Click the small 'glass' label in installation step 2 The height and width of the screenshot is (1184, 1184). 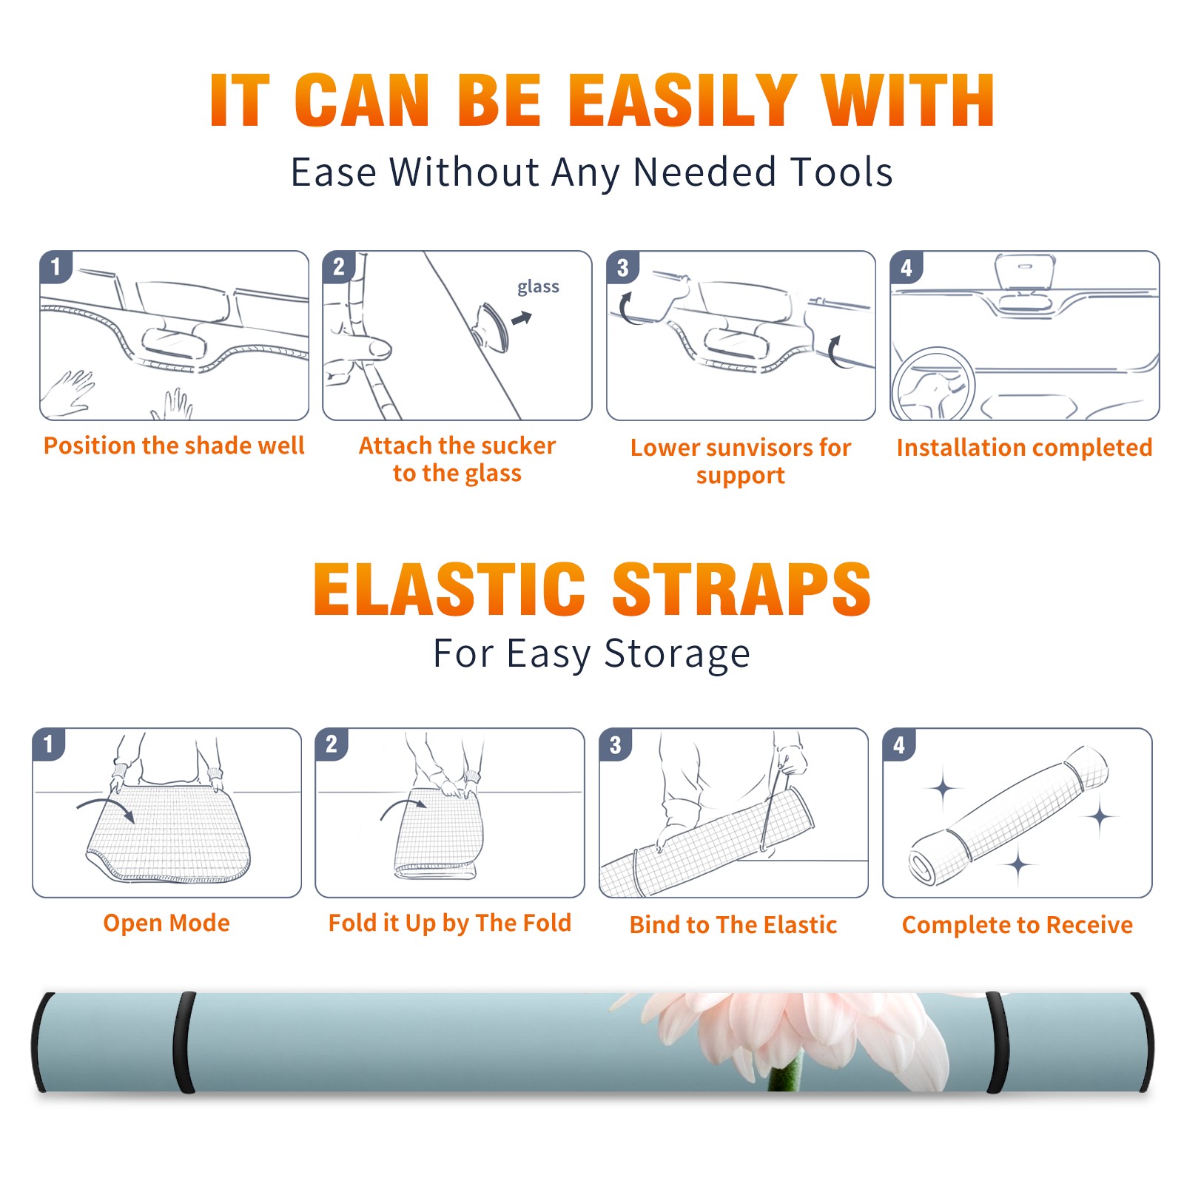(x=538, y=287)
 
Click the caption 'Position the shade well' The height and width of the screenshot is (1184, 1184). (x=174, y=445)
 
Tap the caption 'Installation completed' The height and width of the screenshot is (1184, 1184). (x=1024, y=447)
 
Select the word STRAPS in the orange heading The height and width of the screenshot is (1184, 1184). (x=741, y=589)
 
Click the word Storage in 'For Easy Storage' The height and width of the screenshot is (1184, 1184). (x=677, y=654)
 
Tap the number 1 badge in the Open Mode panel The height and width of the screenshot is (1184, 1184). (x=50, y=744)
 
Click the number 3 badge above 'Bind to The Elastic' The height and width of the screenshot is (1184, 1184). (x=616, y=744)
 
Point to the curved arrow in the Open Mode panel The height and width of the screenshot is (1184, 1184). (x=106, y=807)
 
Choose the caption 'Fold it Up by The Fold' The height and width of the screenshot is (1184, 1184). (x=450, y=923)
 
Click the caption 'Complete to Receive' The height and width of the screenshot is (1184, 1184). (x=1017, y=925)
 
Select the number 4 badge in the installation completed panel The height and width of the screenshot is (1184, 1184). (x=906, y=267)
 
